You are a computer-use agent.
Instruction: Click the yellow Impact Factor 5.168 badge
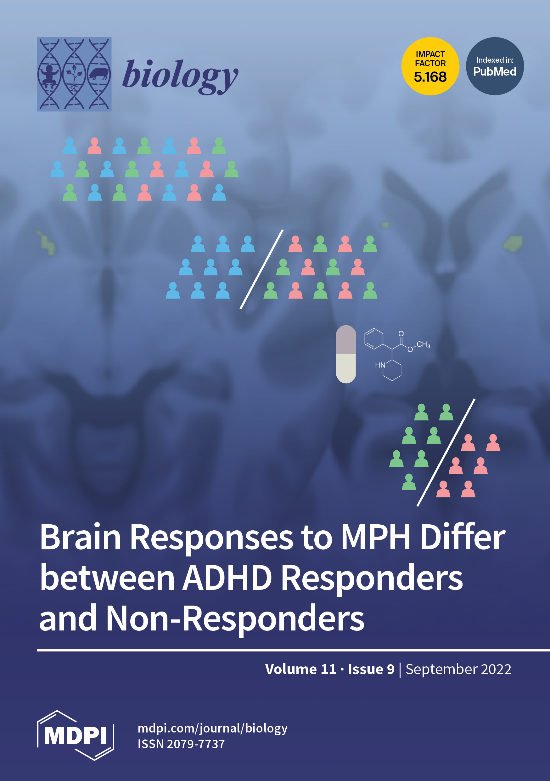430,66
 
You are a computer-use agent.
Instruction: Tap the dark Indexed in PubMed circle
495,66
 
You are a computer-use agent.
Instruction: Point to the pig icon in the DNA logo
99,73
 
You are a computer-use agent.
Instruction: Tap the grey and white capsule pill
346,354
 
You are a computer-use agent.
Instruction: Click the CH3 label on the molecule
423,345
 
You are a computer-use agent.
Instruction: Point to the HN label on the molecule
380,365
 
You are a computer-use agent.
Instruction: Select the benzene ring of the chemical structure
373,339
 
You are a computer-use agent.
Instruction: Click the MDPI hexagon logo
76,735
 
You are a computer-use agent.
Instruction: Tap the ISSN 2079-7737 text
181,744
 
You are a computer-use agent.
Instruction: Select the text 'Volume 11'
300,669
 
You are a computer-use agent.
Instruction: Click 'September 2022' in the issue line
458,669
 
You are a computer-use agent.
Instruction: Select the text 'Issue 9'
371,669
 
